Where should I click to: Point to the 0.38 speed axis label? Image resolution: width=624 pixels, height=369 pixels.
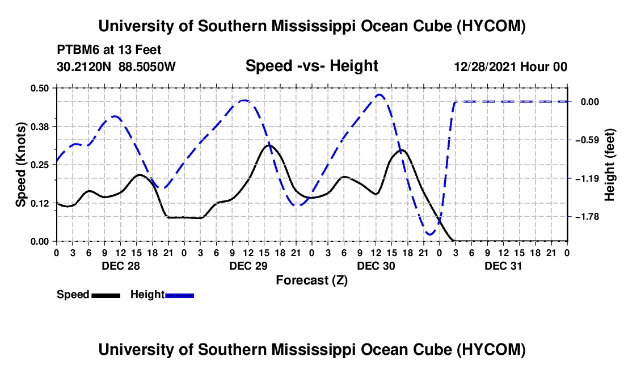pyautogui.click(x=40, y=127)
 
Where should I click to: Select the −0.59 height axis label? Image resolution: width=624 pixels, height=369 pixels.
pyautogui.click(x=587, y=140)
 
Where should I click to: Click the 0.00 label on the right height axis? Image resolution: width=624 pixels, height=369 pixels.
pyautogui.click(x=590, y=102)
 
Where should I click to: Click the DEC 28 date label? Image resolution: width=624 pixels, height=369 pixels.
pyautogui.click(x=121, y=266)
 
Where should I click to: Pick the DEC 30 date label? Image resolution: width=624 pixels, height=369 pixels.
pyautogui.click(x=376, y=266)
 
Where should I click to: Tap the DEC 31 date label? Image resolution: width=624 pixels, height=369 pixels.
pyautogui.click(x=503, y=266)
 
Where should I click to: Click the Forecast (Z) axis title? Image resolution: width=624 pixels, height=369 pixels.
pyautogui.click(x=312, y=280)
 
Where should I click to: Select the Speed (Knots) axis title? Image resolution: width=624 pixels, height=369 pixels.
pyautogui.click(x=20, y=165)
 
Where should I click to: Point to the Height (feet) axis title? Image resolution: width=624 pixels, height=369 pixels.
pyautogui.click(x=609, y=165)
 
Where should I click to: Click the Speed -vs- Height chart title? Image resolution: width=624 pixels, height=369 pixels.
pyautogui.click(x=311, y=66)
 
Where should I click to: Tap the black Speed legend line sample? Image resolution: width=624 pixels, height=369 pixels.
pyautogui.click(x=106, y=295)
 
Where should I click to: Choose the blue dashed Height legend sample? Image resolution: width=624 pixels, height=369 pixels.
pyautogui.click(x=179, y=295)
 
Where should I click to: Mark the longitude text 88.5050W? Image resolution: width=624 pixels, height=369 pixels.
pyautogui.click(x=147, y=66)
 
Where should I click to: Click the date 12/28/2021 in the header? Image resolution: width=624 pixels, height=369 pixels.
pyautogui.click(x=486, y=66)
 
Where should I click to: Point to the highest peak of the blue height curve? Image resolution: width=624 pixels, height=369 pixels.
pyautogui.click(x=380, y=95)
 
